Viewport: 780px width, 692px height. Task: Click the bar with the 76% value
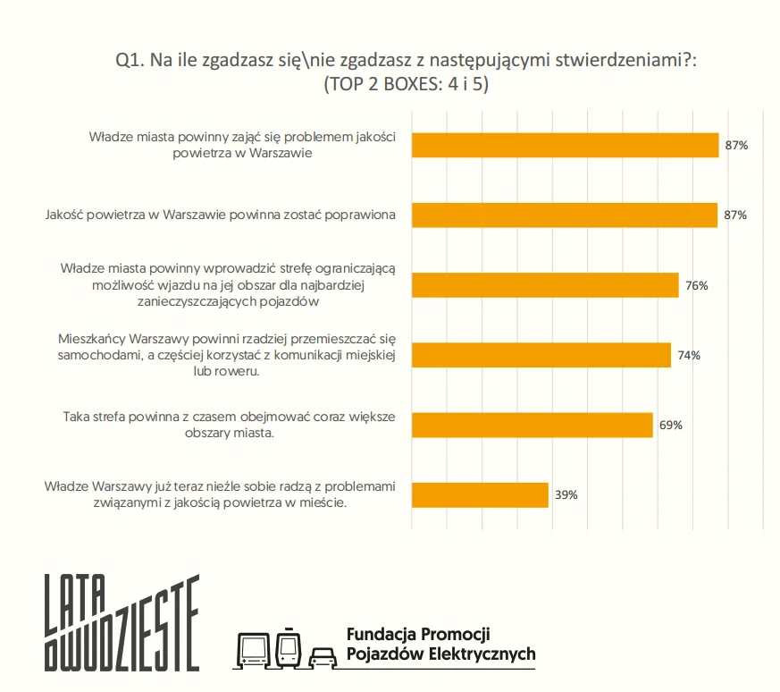(545, 285)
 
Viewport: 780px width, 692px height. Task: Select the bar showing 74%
(541, 355)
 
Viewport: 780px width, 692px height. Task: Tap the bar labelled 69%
(532, 425)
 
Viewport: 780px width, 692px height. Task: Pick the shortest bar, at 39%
(480, 494)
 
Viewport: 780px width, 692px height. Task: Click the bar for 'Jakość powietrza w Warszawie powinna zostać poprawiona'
(565, 215)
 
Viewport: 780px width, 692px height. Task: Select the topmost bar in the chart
(565, 145)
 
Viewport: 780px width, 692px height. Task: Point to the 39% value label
(566, 494)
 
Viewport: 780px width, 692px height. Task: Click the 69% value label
(671, 425)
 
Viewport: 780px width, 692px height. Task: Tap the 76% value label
(697, 285)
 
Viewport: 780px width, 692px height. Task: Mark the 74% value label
(689, 355)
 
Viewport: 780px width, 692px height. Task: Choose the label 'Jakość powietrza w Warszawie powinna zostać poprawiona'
(221, 215)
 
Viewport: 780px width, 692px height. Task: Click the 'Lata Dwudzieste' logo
(122, 622)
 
